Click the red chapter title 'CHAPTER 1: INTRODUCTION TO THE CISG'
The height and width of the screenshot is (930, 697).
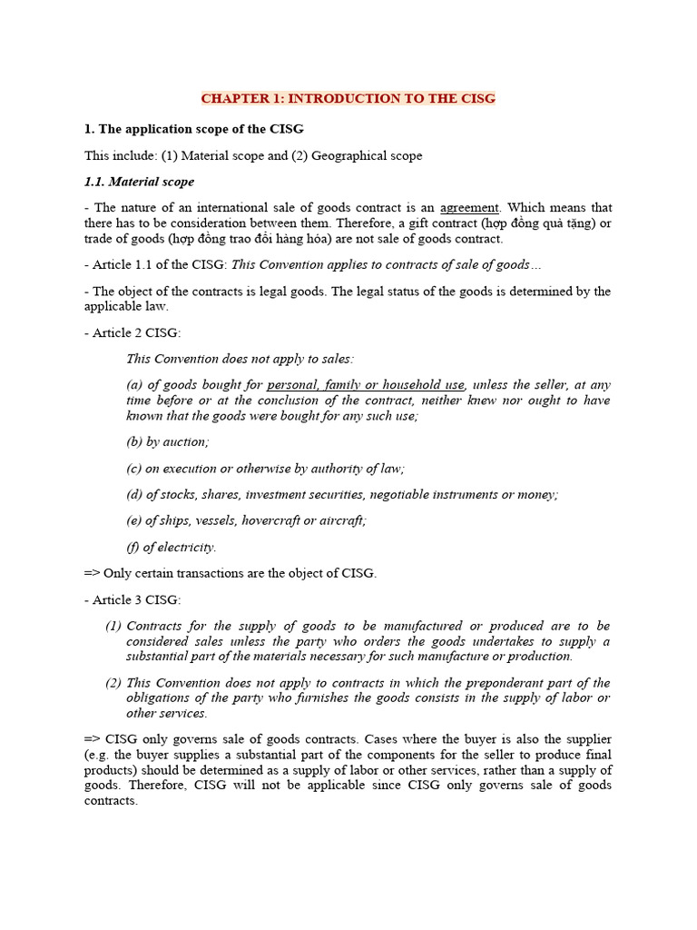(x=348, y=98)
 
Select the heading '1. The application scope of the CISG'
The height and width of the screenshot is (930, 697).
(x=193, y=128)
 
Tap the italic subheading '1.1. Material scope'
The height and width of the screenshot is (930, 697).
(x=139, y=182)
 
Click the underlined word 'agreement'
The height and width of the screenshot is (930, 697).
(x=469, y=208)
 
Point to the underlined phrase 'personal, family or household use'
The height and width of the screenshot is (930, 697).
(x=366, y=385)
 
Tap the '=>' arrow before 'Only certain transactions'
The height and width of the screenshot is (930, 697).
(x=92, y=573)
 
